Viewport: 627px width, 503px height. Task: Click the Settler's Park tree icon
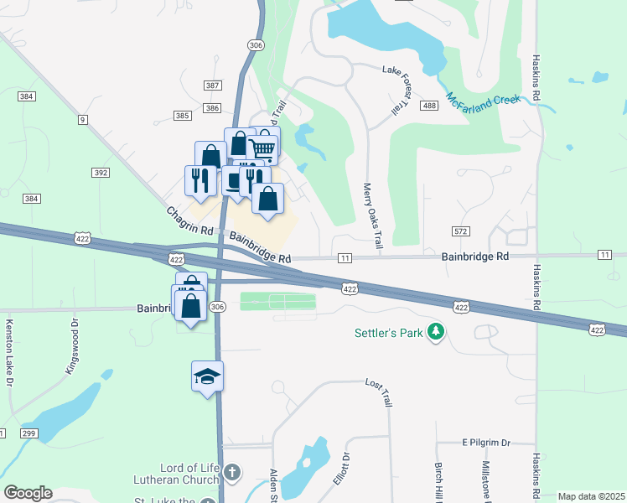click(x=435, y=333)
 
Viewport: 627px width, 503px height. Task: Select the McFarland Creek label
click(x=483, y=97)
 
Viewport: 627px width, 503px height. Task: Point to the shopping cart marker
click(x=263, y=149)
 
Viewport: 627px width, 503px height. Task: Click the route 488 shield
click(x=430, y=105)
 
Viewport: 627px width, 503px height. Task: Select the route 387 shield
click(x=212, y=86)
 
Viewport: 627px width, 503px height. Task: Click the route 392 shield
click(x=101, y=173)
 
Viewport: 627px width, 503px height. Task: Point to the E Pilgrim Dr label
click(x=486, y=442)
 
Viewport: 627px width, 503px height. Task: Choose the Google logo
click(x=28, y=493)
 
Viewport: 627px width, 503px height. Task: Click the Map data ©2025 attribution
click(x=591, y=496)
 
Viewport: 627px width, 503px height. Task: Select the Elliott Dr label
click(x=341, y=466)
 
